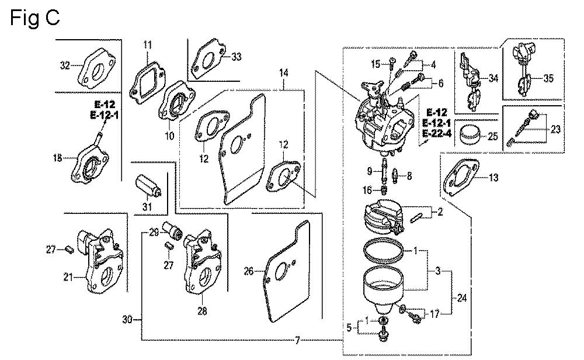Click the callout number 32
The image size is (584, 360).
(x=64, y=65)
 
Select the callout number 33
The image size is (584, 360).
(x=236, y=57)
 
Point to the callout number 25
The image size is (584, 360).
(x=493, y=136)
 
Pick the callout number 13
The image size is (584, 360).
(x=494, y=178)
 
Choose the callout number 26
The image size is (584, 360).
(x=249, y=271)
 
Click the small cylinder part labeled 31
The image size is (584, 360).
(x=150, y=186)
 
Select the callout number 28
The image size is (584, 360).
(x=202, y=311)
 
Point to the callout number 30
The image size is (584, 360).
(x=127, y=319)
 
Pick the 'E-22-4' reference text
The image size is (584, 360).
(x=439, y=134)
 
